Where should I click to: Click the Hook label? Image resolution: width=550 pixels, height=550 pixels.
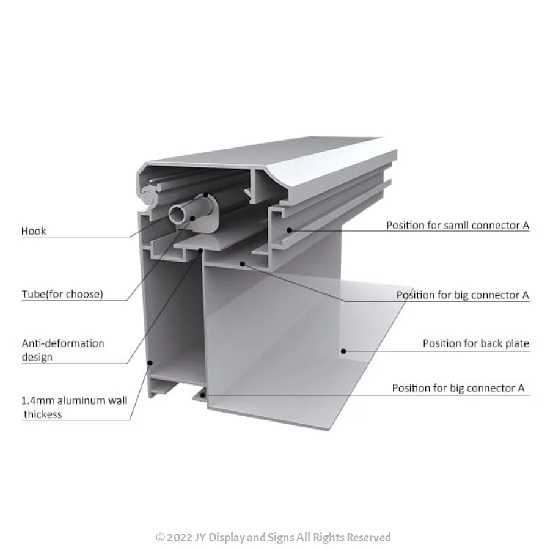(34, 231)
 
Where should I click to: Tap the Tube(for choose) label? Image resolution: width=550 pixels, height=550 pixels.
(62, 294)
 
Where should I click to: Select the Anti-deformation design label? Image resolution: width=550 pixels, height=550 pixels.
(63, 350)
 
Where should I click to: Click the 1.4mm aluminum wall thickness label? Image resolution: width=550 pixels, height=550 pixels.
(75, 407)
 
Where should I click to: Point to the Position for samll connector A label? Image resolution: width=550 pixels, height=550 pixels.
(457, 225)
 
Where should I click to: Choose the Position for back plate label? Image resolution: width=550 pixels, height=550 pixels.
(475, 343)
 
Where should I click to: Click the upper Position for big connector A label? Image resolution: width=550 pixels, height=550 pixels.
(463, 295)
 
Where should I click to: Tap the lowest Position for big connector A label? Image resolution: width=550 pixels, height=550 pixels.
(458, 388)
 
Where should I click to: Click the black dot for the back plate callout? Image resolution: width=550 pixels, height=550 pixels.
(343, 351)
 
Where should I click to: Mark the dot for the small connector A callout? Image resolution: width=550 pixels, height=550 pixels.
(290, 230)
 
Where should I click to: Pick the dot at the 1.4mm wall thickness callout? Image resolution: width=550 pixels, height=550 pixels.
(150, 362)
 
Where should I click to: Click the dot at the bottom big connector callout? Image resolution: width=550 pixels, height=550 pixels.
(202, 395)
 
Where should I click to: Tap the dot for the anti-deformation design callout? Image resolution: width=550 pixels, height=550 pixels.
(200, 251)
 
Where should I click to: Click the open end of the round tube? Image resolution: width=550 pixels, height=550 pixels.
(177, 215)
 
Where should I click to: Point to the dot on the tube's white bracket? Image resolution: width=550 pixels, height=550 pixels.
(193, 219)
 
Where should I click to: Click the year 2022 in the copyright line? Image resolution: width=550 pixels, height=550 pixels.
(180, 538)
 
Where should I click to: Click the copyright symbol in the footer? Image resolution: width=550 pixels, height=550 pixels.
(160, 538)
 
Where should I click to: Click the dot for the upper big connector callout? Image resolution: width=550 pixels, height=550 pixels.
(243, 264)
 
